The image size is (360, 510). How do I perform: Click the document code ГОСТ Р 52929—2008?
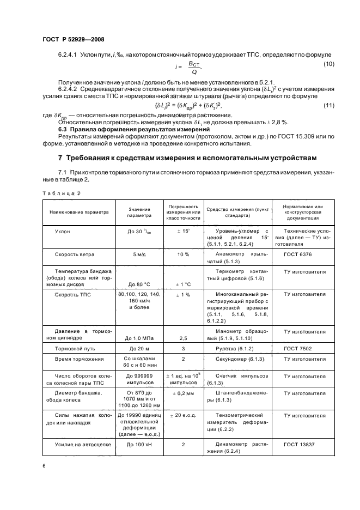coord(73,39)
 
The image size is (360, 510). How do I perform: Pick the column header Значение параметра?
coord(139,212)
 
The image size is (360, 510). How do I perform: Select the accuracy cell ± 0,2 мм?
coord(184,392)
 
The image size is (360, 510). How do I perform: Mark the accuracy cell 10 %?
coord(184,254)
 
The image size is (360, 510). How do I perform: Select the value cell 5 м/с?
coord(139,254)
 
